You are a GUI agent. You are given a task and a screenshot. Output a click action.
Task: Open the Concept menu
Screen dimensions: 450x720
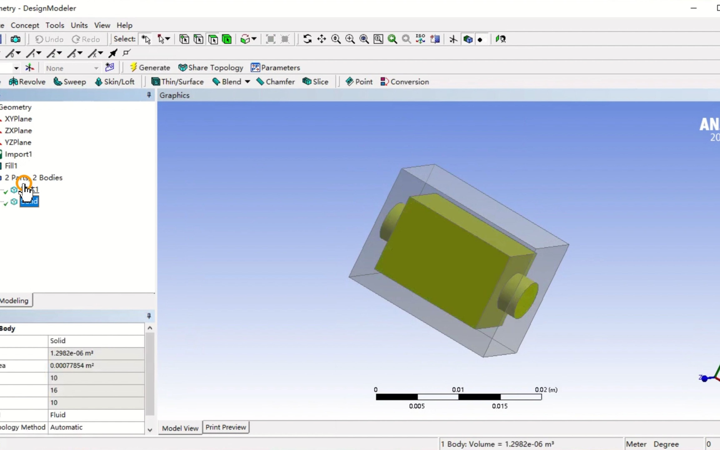tap(25, 25)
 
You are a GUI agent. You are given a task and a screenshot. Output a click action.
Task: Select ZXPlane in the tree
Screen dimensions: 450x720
tap(18, 131)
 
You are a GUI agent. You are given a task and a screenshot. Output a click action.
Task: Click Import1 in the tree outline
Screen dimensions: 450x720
tap(18, 154)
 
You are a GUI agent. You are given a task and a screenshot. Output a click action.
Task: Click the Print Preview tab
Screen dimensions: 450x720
tap(225, 427)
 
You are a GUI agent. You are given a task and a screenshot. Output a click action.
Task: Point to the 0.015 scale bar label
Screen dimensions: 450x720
tap(500, 406)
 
